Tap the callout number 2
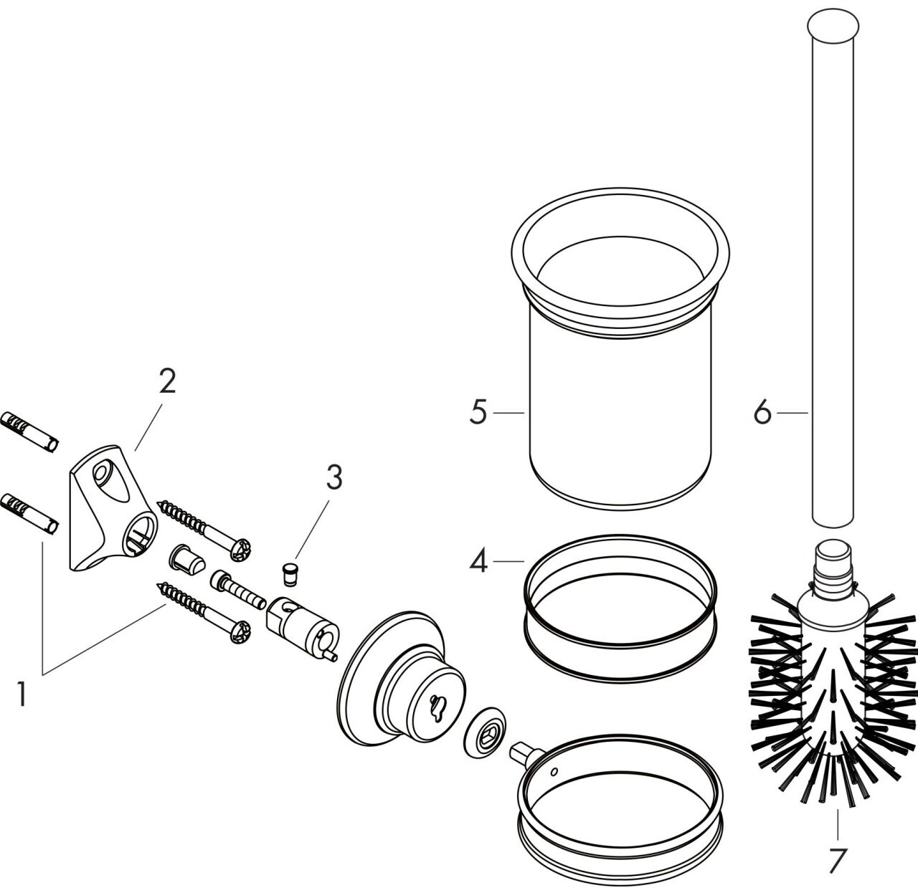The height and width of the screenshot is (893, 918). pyautogui.click(x=166, y=381)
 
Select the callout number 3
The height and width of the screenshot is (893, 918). pyautogui.click(x=334, y=478)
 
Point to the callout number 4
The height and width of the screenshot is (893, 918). pyautogui.click(x=479, y=561)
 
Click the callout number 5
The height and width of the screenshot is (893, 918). pyautogui.click(x=479, y=414)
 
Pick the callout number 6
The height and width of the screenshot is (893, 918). pyautogui.click(x=762, y=414)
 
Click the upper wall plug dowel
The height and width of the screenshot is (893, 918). pyautogui.click(x=30, y=433)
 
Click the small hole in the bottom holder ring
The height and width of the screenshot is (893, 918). pyautogui.click(x=554, y=773)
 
